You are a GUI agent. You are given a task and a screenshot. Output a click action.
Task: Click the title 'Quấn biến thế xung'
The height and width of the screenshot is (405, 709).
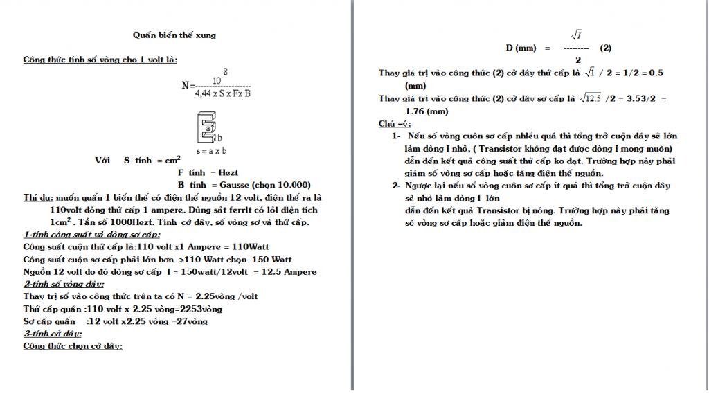[174, 35]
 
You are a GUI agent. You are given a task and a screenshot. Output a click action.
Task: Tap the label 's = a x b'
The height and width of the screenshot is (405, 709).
[212, 150]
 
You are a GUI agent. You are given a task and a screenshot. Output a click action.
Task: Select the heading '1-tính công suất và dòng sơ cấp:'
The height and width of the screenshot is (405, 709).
[91, 235]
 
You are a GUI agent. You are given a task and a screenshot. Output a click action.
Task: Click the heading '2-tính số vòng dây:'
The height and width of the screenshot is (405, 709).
[63, 284]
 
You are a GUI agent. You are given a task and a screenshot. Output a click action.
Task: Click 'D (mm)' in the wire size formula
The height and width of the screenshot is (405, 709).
[521, 48]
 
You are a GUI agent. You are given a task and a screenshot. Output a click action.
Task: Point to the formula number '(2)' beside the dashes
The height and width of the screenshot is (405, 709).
[606, 48]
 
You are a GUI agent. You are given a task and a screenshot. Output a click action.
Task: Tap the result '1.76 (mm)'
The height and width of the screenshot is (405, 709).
[427, 111]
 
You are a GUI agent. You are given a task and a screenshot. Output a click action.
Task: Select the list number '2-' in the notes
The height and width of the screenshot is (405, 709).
[397, 186]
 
